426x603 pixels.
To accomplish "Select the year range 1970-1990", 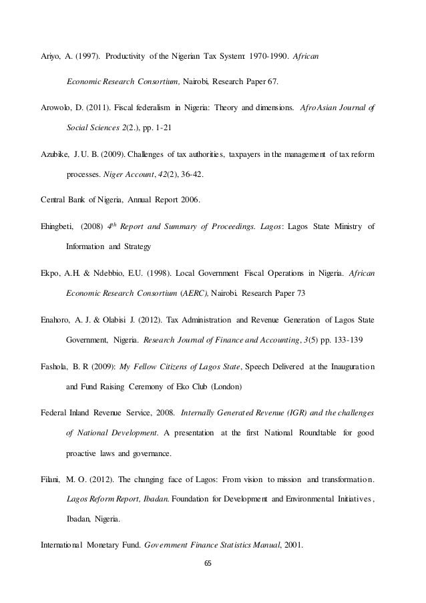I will (x=265, y=53).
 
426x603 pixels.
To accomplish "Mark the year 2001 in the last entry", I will (x=291, y=545).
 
